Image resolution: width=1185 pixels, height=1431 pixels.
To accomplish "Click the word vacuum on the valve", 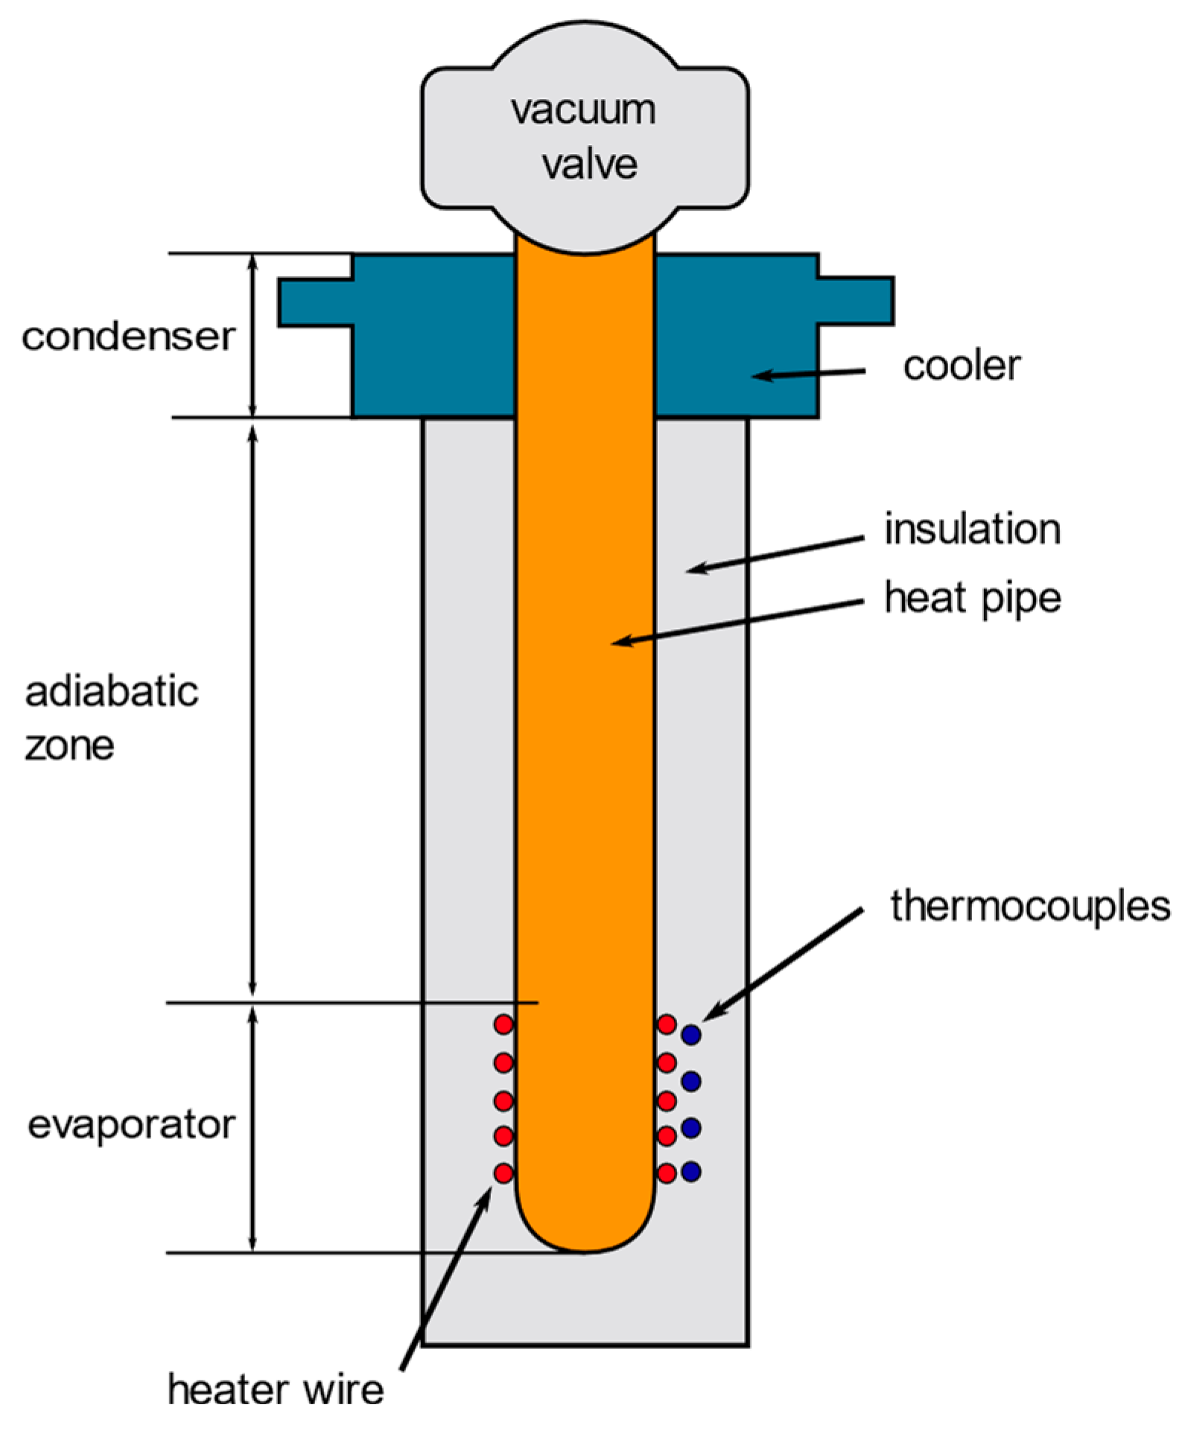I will pos(583,112).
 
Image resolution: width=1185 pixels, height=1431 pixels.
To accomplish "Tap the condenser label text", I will pos(128,337).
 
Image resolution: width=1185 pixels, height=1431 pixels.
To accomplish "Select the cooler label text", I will pos(962,366).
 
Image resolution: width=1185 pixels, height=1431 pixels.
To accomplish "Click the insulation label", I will pos(972,529).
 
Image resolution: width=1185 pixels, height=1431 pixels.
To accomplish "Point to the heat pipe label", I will pos(972,599).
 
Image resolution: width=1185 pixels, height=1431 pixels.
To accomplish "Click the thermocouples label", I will pos(1030,906).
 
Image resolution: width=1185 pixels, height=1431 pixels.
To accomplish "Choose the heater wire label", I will pos(276,1389).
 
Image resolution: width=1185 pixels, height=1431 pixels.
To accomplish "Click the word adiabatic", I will pos(112,692).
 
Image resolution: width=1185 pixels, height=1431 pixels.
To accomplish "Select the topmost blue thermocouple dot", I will pos(691,1034).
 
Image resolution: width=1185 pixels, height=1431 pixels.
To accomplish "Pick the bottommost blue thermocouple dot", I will pos(691,1171).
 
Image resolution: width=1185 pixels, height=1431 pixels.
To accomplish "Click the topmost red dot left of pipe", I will pos(503,1024).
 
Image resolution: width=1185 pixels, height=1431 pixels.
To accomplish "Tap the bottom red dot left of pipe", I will pos(503,1173).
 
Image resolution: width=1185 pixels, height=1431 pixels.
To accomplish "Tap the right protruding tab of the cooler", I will pos(857,301).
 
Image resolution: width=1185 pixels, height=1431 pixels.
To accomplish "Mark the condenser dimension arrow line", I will pos(252,335).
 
